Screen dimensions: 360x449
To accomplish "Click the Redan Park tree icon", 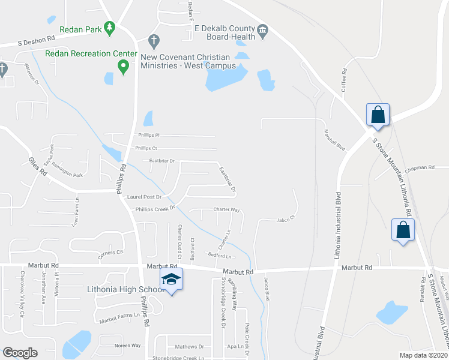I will (109, 28).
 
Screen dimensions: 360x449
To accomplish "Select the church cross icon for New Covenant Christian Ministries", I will (154, 41).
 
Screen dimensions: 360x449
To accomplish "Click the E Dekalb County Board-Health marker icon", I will (262, 29).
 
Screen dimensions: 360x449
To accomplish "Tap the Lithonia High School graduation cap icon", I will (171, 279).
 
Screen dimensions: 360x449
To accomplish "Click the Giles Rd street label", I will (38, 166).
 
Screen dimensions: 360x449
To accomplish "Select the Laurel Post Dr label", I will (145, 196).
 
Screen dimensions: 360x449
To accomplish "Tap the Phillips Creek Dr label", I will (154, 209).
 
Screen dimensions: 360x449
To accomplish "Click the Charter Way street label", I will (227, 210).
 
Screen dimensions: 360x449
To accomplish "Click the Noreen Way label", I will (127, 346).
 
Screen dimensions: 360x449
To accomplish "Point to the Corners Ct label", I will (110, 253).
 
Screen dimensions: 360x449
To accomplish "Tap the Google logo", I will (20, 352).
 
